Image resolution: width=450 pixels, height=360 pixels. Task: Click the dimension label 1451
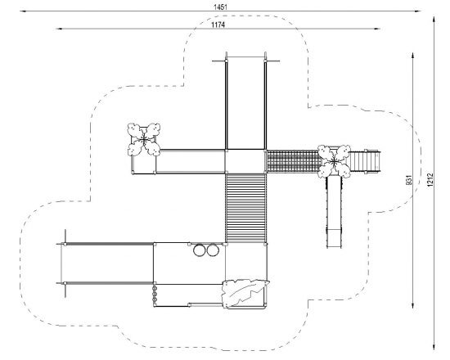[x=220, y=7]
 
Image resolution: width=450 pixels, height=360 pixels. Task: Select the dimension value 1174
[x=218, y=25]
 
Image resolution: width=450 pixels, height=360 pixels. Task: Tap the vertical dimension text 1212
[x=430, y=180]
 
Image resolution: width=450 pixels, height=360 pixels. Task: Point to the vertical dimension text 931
[x=409, y=180]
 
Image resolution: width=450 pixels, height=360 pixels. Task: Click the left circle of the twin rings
[x=200, y=250]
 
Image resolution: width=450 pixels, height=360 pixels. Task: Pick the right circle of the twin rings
[x=213, y=250]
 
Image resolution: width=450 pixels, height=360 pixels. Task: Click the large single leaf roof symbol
[x=245, y=293]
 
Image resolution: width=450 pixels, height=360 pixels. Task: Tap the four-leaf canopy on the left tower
[x=144, y=140]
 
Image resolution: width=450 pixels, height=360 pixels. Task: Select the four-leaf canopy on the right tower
[x=334, y=162]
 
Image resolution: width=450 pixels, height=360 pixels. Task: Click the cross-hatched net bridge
[x=293, y=161]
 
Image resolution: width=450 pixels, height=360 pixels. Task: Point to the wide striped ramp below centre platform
[x=245, y=208]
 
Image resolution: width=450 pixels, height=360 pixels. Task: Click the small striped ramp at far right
[x=365, y=162]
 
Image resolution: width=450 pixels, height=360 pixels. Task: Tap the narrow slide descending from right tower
[x=334, y=212]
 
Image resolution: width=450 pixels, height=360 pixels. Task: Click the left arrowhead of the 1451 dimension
[x=23, y=11]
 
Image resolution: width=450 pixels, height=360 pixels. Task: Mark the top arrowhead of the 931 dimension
[x=412, y=56]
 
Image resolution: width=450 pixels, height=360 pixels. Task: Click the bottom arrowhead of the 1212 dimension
[x=434, y=347]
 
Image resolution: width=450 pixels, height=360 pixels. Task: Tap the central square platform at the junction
[x=245, y=161]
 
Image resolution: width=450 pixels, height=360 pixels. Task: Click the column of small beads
[x=155, y=294]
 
